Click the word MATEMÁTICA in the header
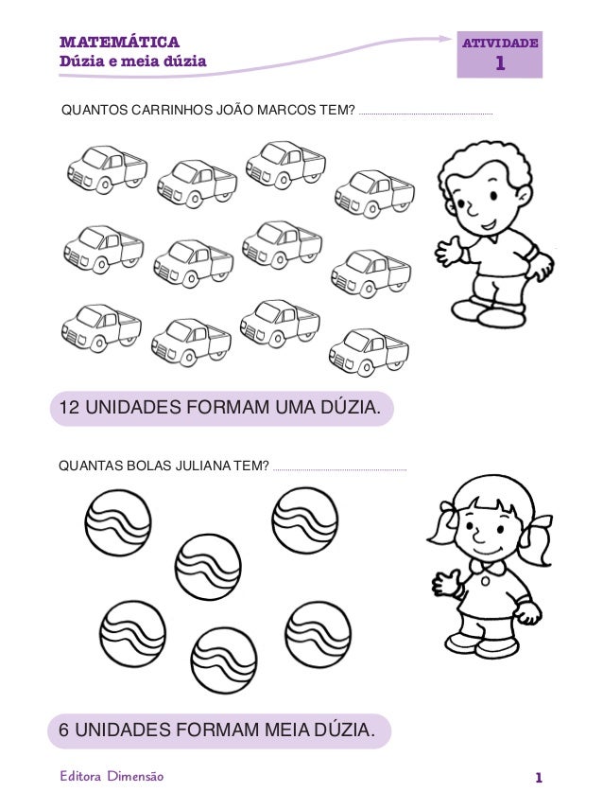[x=119, y=42]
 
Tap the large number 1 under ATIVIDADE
[x=501, y=63]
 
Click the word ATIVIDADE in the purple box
[x=499, y=43]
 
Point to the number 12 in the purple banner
[x=70, y=409]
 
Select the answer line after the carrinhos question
[x=426, y=114]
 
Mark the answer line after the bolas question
[x=339, y=468]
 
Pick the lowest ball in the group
[x=224, y=660]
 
